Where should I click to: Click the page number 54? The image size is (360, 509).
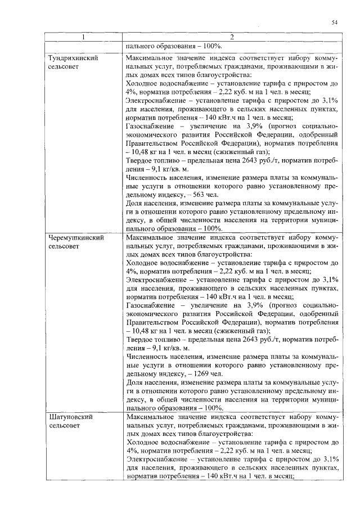pyautogui.click(x=334, y=22)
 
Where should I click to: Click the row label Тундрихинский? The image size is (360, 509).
pyautogui.click(x=74, y=58)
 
